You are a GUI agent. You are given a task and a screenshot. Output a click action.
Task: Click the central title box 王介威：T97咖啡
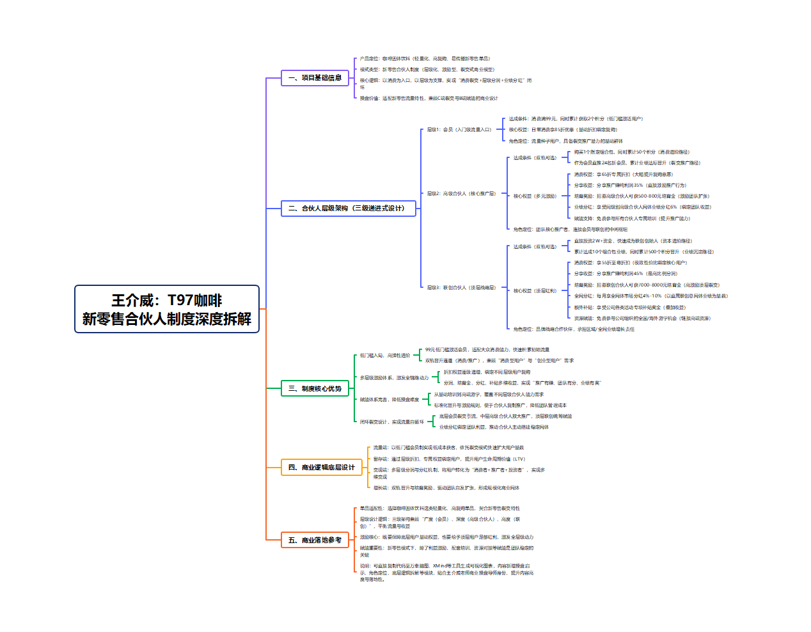pyautogui.click(x=167, y=309)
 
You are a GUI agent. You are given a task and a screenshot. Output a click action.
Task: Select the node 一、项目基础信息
pyautogui.click(x=315, y=78)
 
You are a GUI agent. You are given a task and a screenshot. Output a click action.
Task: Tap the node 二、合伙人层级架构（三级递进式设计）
pyautogui.click(x=348, y=208)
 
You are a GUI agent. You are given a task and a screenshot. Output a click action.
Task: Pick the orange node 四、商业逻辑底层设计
pyautogui.click(x=321, y=467)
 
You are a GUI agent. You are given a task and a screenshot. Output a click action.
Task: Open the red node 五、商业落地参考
pyautogui.click(x=315, y=540)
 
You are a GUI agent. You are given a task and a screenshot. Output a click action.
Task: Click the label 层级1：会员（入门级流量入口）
pyautogui.click(x=459, y=130)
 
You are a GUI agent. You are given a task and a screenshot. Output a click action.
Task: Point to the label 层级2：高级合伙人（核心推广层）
pyautogui.click(x=461, y=194)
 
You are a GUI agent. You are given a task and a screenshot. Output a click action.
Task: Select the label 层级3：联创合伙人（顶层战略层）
pyautogui.click(x=461, y=288)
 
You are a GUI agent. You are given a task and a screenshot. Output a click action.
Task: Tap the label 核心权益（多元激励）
pyautogui.click(x=535, y=196)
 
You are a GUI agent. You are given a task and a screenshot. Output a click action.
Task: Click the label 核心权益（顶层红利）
pyautogui.click(x=535, y=291)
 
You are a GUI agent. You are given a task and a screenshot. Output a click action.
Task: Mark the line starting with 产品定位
pyautogui.click(x=425, y=59)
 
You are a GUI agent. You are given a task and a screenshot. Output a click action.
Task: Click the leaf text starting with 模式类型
pyautogui.click(x=427, y=70)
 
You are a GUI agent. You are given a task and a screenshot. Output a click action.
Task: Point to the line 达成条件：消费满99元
pyautogui.click(x=576, y=119)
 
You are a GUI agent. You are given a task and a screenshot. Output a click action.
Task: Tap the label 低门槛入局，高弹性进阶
pyautogui.click(x=385, y=356)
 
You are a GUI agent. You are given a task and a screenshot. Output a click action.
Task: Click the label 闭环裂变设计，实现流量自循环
pyautogui.click(x=391, y=422)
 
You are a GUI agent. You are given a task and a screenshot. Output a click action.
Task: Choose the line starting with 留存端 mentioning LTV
pyautogui.click(x=449, y=459)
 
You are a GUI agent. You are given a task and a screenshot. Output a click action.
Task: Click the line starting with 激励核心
pyautogui.click(x=446, y=537)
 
